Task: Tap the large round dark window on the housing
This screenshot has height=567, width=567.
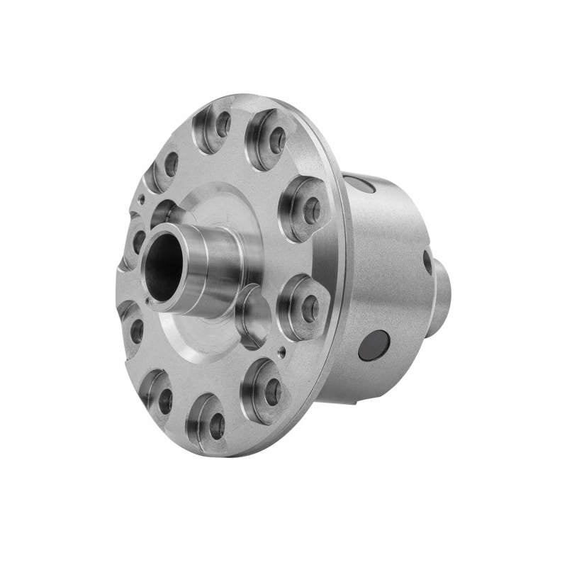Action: point(373,345)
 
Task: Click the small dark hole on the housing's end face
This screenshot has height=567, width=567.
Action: point(427,262)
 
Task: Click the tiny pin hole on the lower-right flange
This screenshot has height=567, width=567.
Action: point(283,349)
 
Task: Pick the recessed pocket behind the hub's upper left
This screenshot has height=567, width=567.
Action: point(164,211)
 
